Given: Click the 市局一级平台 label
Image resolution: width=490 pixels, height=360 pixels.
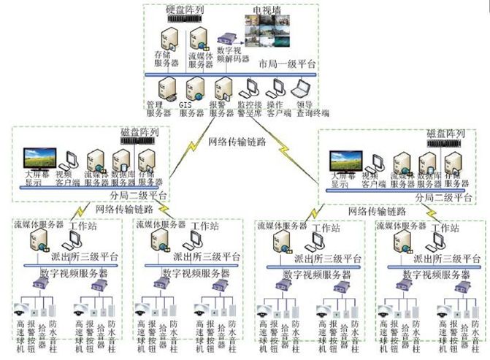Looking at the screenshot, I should tap(288, 64).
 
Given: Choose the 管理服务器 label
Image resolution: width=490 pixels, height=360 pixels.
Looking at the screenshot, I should tap(158, 109).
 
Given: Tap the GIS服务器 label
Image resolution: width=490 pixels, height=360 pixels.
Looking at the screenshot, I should tap(191, 109).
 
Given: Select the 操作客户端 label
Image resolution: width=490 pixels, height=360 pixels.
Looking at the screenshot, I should tap(278, 109).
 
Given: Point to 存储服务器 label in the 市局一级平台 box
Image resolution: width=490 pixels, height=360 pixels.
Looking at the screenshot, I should tap(163, 60).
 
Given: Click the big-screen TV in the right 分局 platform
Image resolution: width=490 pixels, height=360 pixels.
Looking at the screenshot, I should tap(345, 160).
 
